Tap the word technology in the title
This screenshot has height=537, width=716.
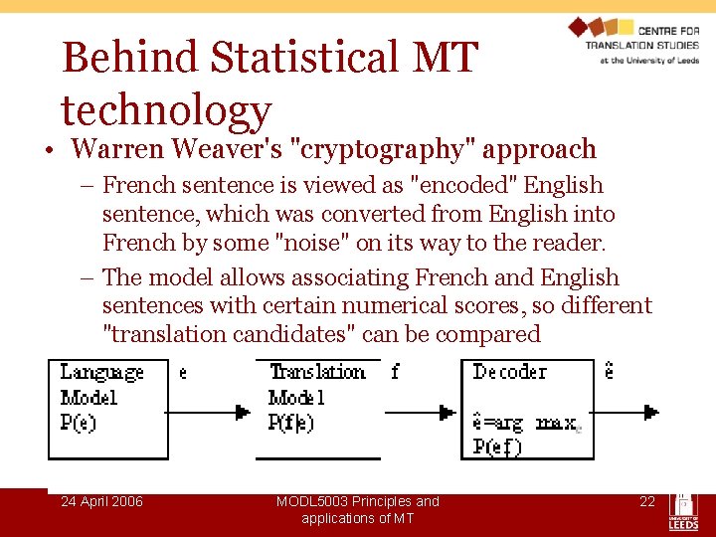(166, 110)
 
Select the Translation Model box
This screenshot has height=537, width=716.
(318, 409)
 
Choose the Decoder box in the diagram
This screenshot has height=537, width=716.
(527, 409)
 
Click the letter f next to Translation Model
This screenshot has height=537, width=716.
(395, 372)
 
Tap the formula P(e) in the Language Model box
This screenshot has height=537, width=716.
(79, 423)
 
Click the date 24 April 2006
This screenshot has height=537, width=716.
(101, 501)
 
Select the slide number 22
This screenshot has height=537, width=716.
(647, 501)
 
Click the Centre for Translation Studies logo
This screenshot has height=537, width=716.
(633, 41)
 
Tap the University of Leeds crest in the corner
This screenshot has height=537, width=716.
(683, 509)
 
